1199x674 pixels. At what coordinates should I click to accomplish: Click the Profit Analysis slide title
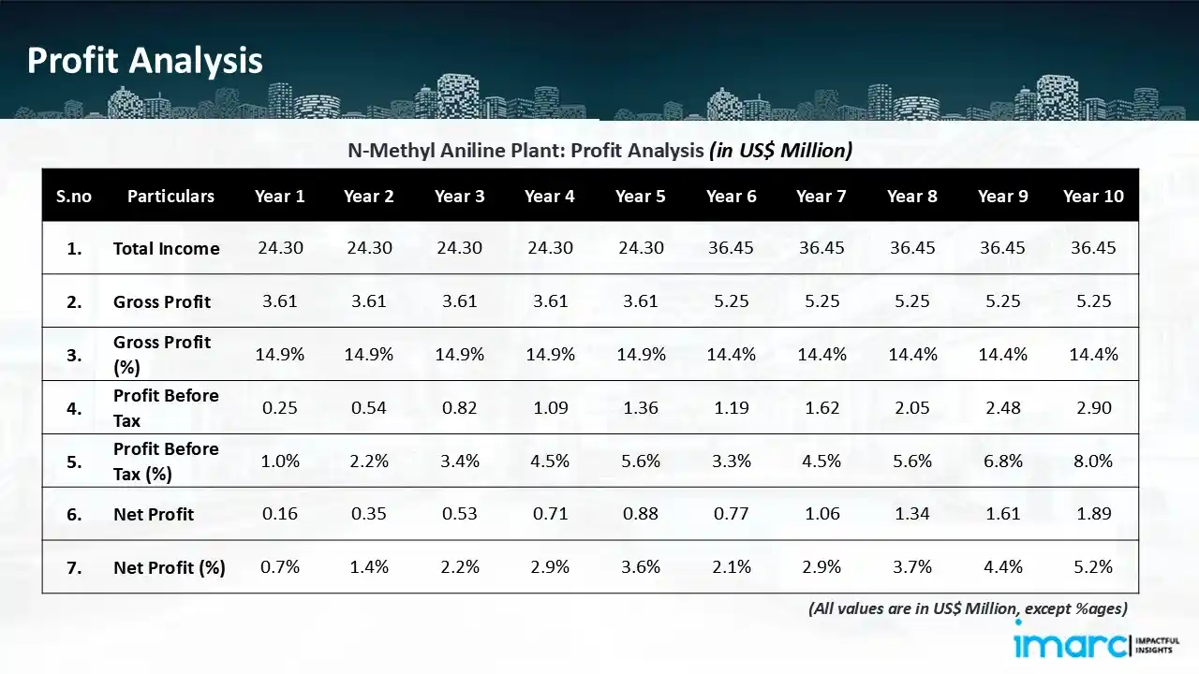click(144, 61)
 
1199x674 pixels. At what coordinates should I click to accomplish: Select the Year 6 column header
click(731, 196)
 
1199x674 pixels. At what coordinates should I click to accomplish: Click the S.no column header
click(74, 196)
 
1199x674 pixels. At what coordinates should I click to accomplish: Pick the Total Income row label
click(166, 248)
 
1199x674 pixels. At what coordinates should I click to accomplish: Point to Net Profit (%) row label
click(169, 567)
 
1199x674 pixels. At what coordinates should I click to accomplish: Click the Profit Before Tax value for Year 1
click(279, 408)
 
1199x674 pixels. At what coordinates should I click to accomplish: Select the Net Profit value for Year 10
click(1093, 514)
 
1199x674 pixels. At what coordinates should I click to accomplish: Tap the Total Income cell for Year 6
click(731, 248)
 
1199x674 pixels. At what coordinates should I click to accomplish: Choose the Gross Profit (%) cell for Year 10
click(1093, 355)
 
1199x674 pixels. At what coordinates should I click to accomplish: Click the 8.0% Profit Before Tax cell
click(1093, 462)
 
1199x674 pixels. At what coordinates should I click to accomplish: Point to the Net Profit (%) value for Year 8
click(911, 567)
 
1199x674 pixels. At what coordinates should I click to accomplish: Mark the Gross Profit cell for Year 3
click(459, 301)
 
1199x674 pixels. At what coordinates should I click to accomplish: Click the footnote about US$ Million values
click(968, 608)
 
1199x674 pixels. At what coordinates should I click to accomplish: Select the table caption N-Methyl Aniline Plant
click(599, 150)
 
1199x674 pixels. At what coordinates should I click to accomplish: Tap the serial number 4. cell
click(74, 408)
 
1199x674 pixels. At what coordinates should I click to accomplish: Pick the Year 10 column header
click(1093, 196)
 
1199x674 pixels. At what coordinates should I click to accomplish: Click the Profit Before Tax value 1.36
click(640, 408)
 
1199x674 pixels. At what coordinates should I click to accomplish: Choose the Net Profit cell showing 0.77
click(731, 514)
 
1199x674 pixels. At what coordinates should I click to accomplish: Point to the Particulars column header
click(170, 196)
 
